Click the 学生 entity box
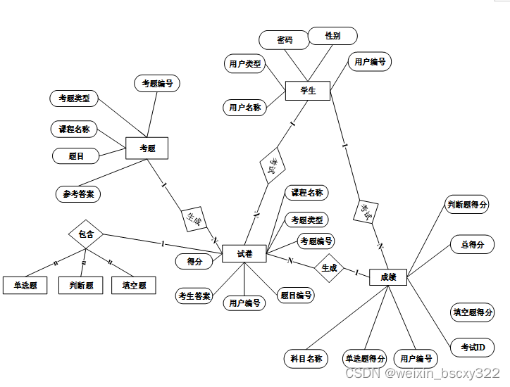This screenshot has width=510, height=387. [308, 91]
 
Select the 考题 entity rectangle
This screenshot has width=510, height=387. [147, 148]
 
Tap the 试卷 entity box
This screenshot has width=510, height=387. [244, 254]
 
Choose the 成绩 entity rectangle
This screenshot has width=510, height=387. [388, 277]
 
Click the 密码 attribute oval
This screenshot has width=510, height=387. [285, 40]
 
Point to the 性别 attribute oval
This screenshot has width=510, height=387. [333, 35]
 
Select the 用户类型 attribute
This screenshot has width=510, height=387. [244, 64]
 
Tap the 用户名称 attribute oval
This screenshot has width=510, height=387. [244, 108]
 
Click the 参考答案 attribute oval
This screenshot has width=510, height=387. [78, 193]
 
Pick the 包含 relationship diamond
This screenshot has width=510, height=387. [86, 234]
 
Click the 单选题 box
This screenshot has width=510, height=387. [25, 286]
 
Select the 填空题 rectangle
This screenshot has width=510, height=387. [134, 286]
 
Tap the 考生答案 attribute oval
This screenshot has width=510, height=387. [194, 296]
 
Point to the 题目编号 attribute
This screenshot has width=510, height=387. [295, 296]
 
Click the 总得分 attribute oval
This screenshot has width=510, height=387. [472, 245]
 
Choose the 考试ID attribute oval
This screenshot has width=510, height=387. [473, 348]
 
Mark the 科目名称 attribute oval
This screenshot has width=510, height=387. [306, 358]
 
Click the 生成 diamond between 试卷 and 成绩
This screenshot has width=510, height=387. [329, 268]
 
